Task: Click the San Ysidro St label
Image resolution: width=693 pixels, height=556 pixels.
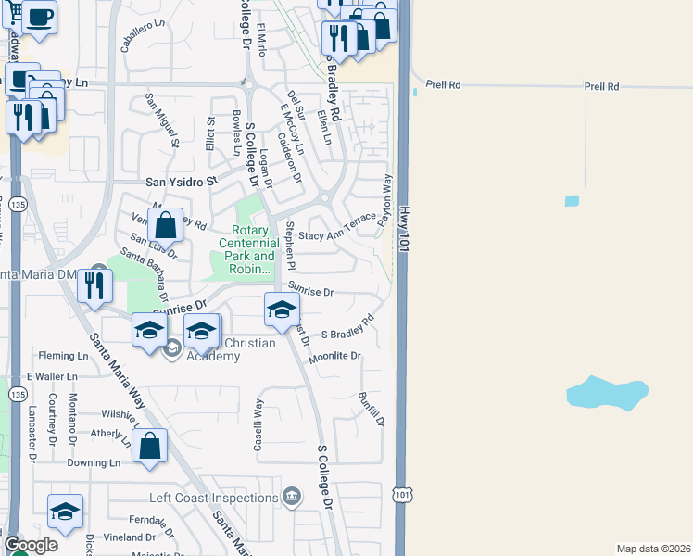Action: click(181, 182)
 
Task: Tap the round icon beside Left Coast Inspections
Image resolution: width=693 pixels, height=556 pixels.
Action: click(293, 497)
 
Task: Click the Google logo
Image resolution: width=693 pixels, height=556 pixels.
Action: click(31, 544)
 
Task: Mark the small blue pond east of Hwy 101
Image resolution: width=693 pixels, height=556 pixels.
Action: click(572, 201)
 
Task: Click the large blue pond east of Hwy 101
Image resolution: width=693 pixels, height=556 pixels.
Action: click(606, 393)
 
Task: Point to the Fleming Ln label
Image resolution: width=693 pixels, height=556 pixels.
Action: click(62, 355)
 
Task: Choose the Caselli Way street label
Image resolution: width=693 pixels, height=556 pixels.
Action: click(259, 424)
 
